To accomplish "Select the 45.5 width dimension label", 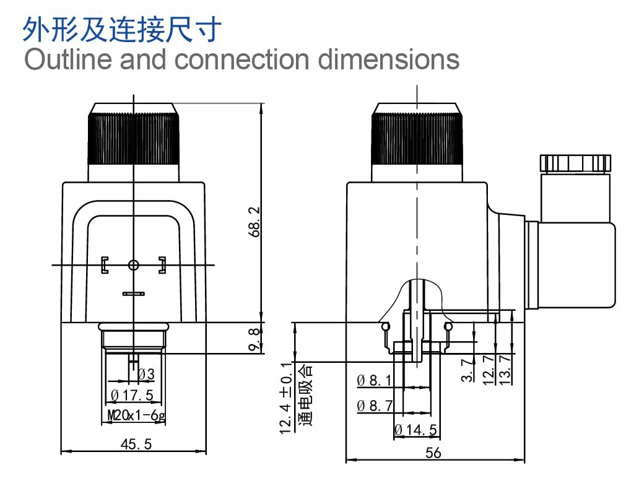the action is (x=136, y=444).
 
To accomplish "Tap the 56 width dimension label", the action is (x=433, y=453).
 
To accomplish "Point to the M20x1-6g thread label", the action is (x=136, y=416).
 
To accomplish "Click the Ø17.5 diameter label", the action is (x=132, y=395).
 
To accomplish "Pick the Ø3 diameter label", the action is (x=146, y=374).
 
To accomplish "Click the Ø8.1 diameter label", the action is (x=374, y=380).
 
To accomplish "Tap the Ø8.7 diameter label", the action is (x=375, y=406).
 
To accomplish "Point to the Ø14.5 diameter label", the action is (x=415, y=430).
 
